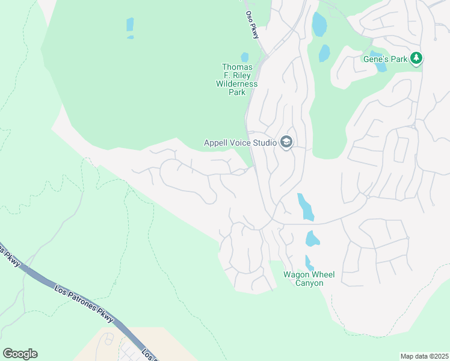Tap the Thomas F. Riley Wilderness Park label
(x=237, y=80)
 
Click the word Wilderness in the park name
(x=237, y=84)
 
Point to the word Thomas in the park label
(x=237, y=67)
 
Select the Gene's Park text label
(x=385, y=59)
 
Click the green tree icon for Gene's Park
(x=416, y=58)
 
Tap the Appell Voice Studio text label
(x=240, y=143)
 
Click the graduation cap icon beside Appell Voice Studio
(x=286, y=143)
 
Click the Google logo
(x=20, y=354)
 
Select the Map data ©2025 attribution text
(x=424, y=356)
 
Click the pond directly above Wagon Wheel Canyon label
(x=309, y=263)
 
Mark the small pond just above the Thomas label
(x=245, y=57)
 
